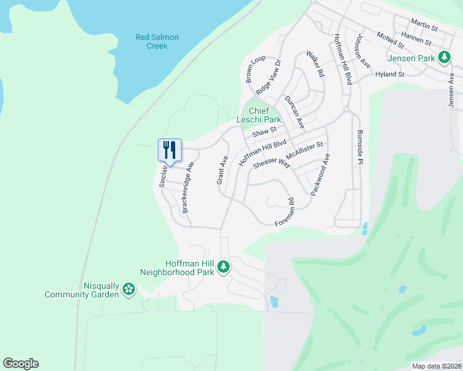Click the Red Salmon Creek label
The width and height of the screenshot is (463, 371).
click(x=157, y=41)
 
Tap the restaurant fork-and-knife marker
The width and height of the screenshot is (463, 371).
click(x=170, y=150)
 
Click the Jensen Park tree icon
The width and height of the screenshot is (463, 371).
click(x=444, y=58)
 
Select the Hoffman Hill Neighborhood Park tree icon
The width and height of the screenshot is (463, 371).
click(x=223, y=268)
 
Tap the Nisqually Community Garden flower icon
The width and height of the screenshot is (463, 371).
click(x=129, y=289)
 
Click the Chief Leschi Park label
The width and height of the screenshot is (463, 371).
click(x=259, y=115)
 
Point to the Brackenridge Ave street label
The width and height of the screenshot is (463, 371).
click(x=188, y=188)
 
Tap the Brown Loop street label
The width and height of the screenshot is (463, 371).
click(x=255, y=69)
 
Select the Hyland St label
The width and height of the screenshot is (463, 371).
click(x=389, y=74)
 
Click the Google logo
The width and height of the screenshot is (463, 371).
click(x=20, y=364)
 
